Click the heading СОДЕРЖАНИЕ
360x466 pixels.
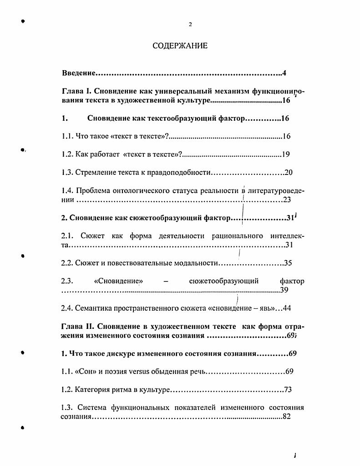click(180, 46)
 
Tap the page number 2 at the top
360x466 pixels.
click(190, 25)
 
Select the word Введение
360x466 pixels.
click(78, 73)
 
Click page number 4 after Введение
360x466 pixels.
click(284, 73)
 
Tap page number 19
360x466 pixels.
click(286, 154)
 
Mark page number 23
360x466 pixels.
click(287, 200)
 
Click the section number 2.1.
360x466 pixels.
click(66, 236)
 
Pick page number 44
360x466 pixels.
click(287, 308)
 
